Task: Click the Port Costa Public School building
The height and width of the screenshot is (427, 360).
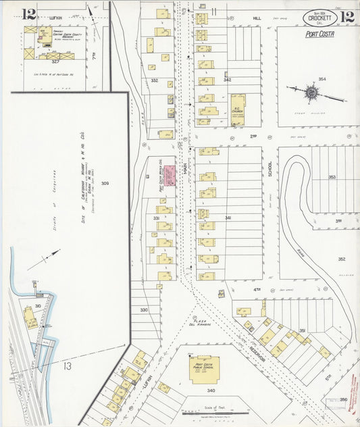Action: [x=204, y=370]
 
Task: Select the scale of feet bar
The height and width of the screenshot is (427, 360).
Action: [x=210, y=413]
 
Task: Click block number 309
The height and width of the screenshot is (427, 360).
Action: [x=105, y=183]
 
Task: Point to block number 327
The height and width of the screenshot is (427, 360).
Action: [x=46, y=61]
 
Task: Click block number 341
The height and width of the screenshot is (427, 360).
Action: [x=228, y=218]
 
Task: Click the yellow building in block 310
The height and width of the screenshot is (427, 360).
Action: [x=30, y=316]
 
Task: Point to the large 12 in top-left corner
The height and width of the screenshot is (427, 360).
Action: [x=28, y=14]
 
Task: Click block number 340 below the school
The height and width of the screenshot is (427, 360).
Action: [x=211, y=391]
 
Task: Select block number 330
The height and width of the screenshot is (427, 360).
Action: [x=143, y=309]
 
